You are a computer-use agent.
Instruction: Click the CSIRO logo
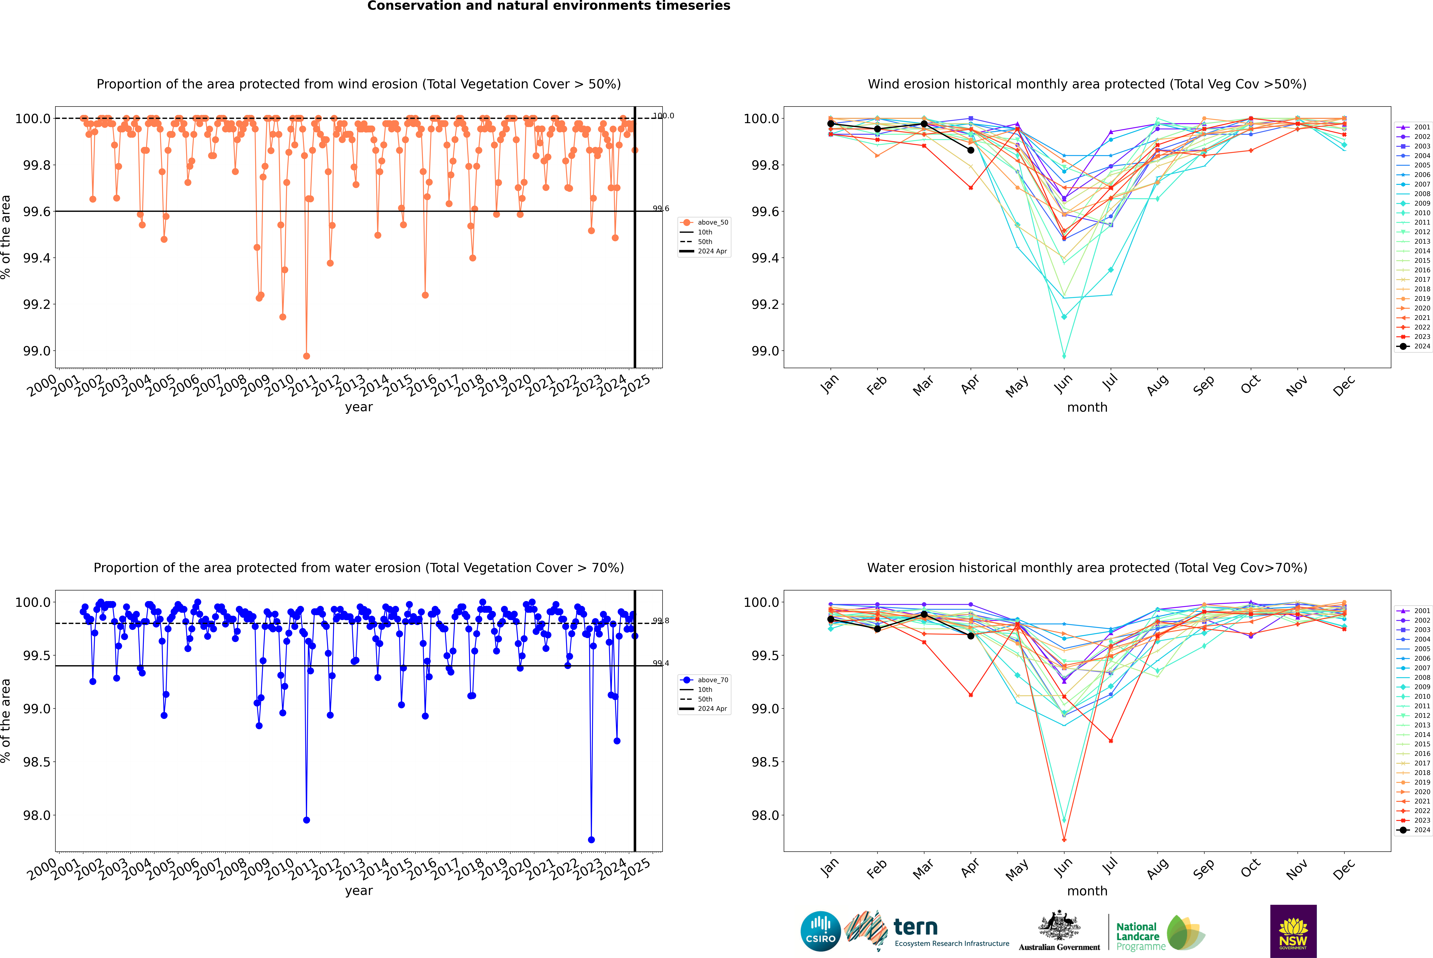click(820, 931)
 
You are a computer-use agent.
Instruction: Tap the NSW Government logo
click(1293, 931)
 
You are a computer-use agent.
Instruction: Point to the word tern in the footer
click(915, 928)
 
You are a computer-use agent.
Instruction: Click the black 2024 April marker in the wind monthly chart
click(971, 150)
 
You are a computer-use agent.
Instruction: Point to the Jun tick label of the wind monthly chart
click(1063, 384)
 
